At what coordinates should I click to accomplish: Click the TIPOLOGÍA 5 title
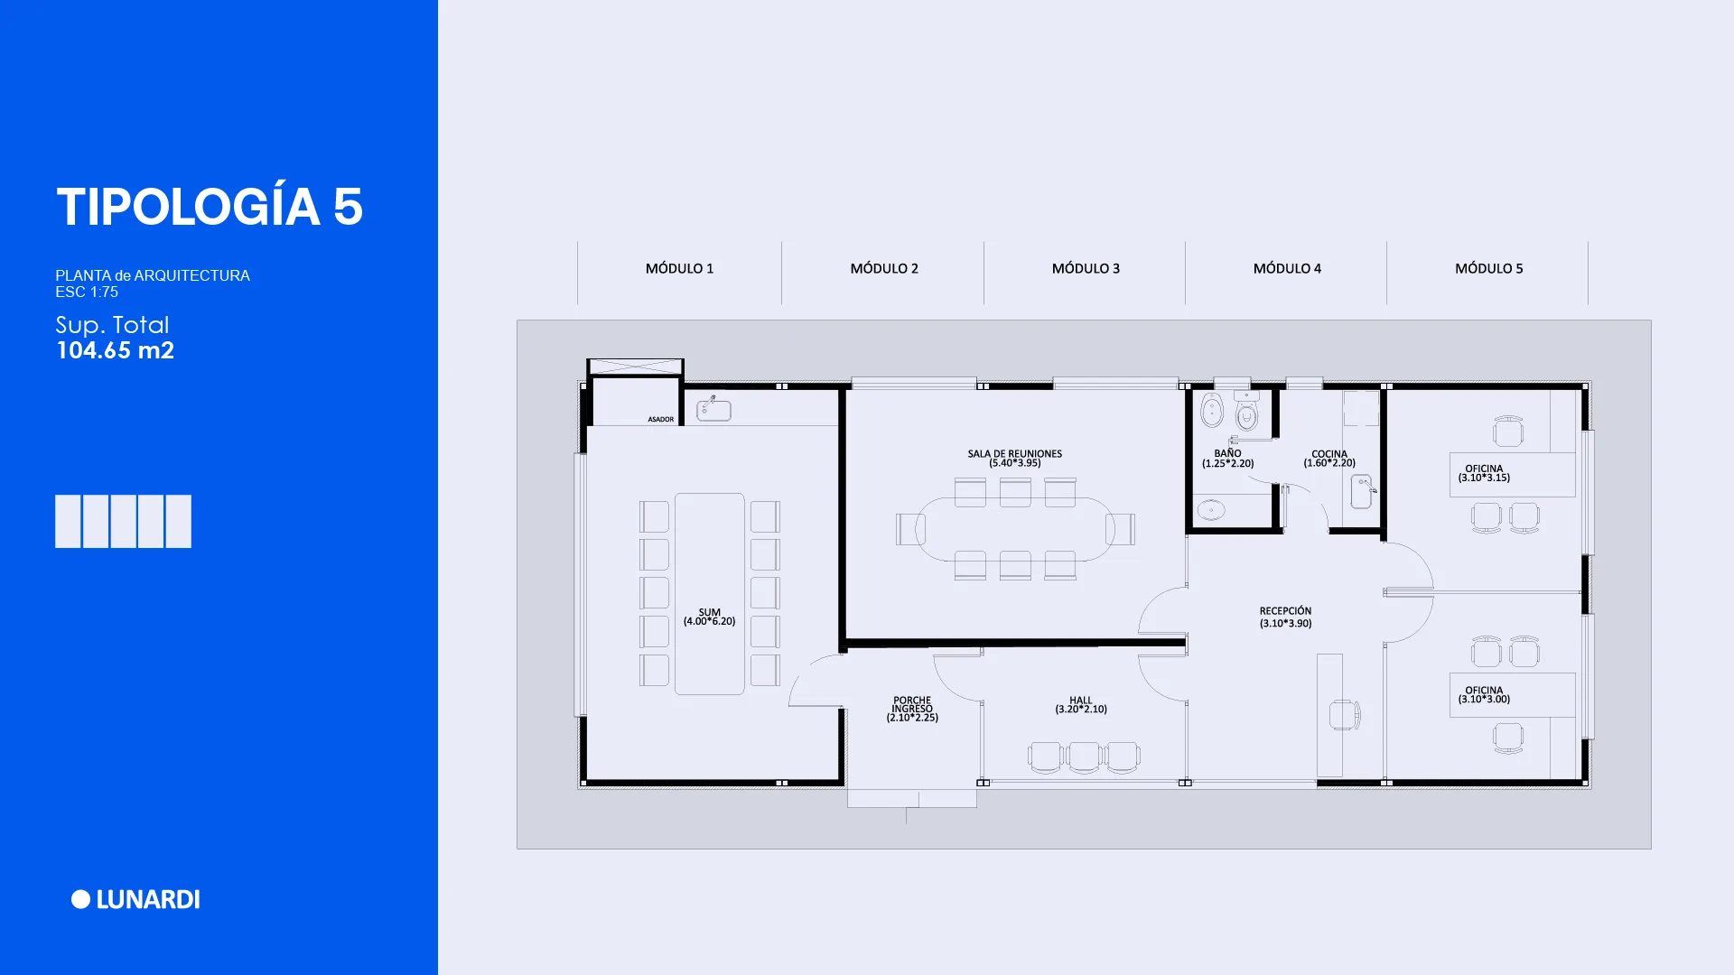click(210, 207)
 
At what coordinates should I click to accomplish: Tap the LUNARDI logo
click(135, 899)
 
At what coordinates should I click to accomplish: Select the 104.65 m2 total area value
click(116, 350)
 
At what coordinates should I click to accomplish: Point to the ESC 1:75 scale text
click(87, 292)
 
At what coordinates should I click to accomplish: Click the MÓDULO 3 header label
click(1086, 268)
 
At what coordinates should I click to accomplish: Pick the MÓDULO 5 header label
click(1488, 268)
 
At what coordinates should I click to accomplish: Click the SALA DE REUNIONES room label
click(1014, 459)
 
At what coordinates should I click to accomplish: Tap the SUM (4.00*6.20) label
click(709, 617)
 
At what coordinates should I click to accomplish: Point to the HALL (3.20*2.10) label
click(1081, 705)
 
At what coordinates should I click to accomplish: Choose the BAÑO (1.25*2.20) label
click(1227, 459)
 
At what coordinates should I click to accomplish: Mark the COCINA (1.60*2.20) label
click(1329, 459)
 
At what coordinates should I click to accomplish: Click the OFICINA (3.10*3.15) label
click(1484, 473)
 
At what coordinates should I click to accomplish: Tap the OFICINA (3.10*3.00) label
click(1484, 694)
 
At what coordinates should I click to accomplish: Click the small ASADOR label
click(660, 419)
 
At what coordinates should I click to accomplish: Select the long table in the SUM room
click(710, 594)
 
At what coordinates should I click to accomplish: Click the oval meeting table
click(1015, 529)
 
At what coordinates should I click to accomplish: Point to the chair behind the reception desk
click(1345, 715)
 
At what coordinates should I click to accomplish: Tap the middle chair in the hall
click(1084, 757)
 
